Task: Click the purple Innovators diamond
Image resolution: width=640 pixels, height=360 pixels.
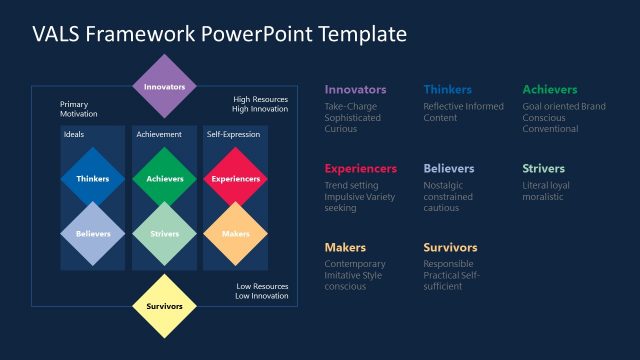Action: (x=165, y=87)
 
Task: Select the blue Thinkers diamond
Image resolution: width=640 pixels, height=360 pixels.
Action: (x=93, y=179)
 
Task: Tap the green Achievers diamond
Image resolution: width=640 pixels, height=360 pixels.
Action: (x=165, y=179)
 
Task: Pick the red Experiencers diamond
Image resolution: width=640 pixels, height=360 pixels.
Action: (x=236, y=179)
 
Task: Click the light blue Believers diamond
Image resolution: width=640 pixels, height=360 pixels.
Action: (x=93, y=234)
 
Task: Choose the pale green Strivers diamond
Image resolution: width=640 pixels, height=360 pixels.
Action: (x=165, y=234)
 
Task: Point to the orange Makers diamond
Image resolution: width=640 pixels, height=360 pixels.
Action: (x=236, y=234)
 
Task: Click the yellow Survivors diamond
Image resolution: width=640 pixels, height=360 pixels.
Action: (x=165, y=306)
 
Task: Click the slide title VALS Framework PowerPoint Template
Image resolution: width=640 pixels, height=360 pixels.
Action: (x=219, y=34)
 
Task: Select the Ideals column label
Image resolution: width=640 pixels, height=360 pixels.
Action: (x=74, y=134)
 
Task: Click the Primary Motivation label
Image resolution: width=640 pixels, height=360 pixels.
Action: (x=79, y=108)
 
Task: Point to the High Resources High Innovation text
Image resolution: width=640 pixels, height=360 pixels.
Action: (x=260, y=105)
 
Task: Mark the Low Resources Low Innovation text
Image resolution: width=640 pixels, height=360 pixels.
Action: (x=262, y=291)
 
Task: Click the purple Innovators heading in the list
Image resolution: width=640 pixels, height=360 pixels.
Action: (x=355, y=90)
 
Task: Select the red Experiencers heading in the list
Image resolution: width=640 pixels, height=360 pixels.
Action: (x=360, y=169)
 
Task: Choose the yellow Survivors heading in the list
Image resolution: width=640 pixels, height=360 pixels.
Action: (x=450, y=248)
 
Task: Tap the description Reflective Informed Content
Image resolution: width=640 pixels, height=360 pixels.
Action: (x=462, y=112)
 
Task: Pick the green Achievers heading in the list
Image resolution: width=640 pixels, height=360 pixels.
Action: (x=549, y=90)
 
